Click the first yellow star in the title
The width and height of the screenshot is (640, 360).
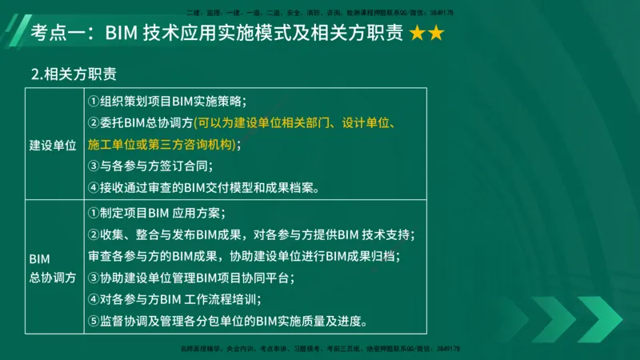pyautogui.click(x=418, y=34)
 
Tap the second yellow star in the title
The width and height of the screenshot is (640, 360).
pyautogui.click(x=436, y=34)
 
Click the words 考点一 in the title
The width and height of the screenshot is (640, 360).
pyautogui.click(x=57, y=34)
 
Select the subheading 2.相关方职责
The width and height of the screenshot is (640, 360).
pyautogui.click(x=74, y=75)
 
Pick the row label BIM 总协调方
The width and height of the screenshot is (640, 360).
pyautogui.click(x=53, y=268)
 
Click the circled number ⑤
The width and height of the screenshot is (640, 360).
pyautogui.click(x=93, y=322)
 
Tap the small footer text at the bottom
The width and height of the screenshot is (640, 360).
pyautogui.click(x=319, y=350)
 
